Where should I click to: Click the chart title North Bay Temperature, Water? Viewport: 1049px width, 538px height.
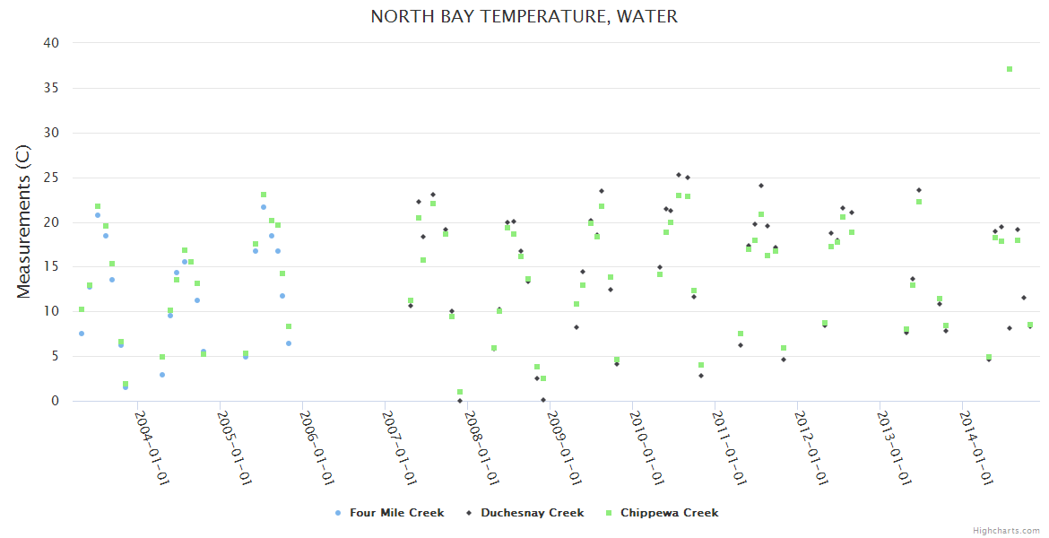[x=524, y=17]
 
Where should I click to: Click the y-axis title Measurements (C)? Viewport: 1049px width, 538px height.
[x=24, y=222]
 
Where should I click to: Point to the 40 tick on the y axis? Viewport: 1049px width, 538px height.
[x=51, y=43]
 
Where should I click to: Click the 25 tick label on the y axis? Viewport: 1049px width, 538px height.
[x=51, y=178]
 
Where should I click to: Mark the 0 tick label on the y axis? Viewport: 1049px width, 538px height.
[x=56, y=401]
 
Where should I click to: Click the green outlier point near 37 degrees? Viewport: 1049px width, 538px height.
[x=1010, y=69]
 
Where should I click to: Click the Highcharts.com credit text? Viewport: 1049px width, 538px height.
[x=1006, y=531]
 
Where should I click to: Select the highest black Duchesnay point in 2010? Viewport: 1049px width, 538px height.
[x=679, y=175]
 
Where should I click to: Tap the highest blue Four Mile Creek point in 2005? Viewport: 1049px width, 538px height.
[x=264, y=207]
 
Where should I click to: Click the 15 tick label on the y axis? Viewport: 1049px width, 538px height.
[x=51, y=266]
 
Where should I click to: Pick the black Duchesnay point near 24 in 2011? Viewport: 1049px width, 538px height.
[x=761, y=186]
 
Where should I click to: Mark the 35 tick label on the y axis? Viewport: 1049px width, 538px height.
[x=51, y=88]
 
